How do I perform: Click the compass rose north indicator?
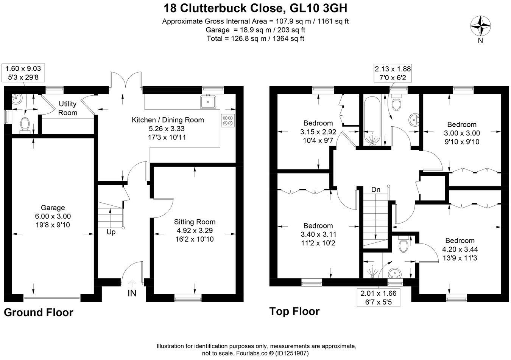click(x=480, y=27)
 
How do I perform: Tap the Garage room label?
click(x=53, y=208)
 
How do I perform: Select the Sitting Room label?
click(x=195, y=222)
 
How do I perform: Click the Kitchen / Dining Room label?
click(x=168, y=120)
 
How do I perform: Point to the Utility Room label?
click(x=68, y=108)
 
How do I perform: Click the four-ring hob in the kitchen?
click(x=228, y=120)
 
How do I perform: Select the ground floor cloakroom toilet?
click(x=25, y=125)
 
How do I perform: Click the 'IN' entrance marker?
click(x=132, y=293)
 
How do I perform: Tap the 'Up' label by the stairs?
click(x=111, y=232)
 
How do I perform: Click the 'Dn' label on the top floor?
click(x=375, y=189)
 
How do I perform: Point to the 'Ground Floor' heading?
click(x=39, y=312)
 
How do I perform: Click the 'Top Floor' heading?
click(x=294, y=311)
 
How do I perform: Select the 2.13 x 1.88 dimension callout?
click(x=393, y=73)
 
